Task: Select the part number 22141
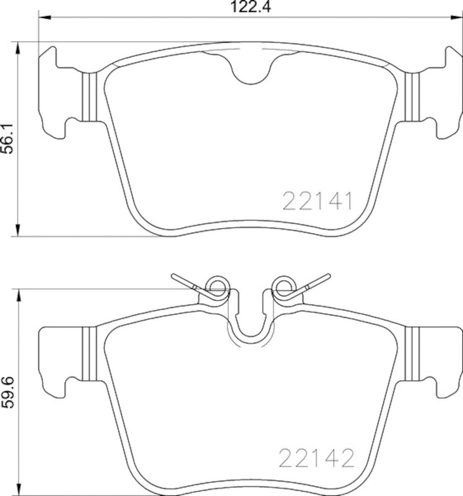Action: point(318,201)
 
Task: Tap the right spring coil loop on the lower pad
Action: point(283,286)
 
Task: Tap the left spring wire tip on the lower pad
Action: point(175,277)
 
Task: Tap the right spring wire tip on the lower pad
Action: point(324,277)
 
